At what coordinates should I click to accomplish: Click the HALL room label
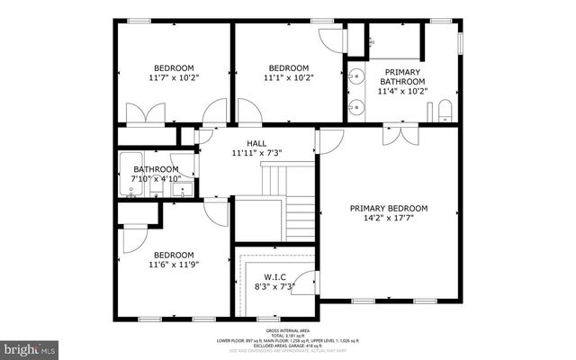[256, 142]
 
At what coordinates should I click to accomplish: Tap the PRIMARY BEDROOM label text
[389, 208]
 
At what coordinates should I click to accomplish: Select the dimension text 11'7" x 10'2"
[175, 78]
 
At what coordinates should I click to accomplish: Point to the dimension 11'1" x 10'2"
[288, 78]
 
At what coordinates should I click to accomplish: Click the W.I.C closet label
[274, 276]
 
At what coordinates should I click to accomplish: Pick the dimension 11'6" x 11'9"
[173, 265]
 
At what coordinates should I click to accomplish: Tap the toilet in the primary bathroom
[443, 112]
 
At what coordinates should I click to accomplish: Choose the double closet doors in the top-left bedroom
[145, 114]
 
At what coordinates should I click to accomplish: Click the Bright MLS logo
[30, 346]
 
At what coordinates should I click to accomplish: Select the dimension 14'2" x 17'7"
[389, 219]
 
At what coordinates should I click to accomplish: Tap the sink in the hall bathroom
[181, 190]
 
